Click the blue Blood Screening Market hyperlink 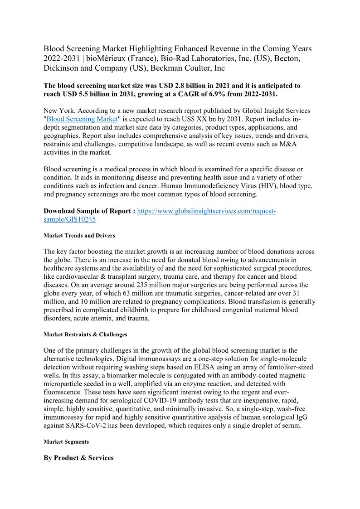click(82, 119)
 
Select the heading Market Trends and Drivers click(79, 236)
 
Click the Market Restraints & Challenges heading click(85, 334)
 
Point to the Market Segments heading click(66, 441)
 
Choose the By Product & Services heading click(78, 458)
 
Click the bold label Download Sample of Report click(89, 211)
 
